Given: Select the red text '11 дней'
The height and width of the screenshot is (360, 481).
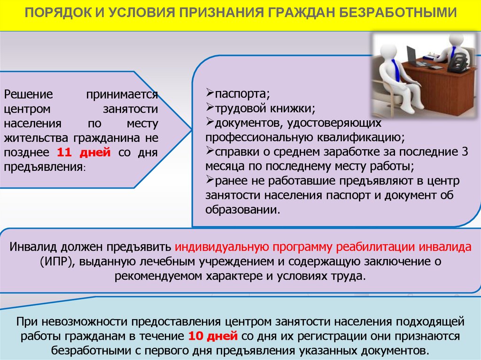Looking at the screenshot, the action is point(84,153).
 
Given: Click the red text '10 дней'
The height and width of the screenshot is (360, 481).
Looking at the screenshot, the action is point(213,336).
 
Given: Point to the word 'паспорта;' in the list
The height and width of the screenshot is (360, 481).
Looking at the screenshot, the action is point(242,94).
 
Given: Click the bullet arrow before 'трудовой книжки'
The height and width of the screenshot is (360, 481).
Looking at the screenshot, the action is point(210,107).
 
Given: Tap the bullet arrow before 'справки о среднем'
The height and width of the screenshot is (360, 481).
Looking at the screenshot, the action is point(210,151).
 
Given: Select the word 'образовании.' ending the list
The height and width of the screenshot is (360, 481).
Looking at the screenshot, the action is point(243,210).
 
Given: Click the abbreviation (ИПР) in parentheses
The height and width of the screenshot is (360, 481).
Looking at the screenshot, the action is point(57,261).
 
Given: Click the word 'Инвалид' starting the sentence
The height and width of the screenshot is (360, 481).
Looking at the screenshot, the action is point(33,247).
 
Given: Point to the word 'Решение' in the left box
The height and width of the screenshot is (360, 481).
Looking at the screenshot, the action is point(28,94).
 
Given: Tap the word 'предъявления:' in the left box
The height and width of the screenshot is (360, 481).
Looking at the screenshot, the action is point(45,167).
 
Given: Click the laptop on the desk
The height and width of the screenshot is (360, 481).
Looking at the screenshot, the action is point(414,57).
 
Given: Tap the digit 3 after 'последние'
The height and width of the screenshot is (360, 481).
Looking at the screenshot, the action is point(465,152).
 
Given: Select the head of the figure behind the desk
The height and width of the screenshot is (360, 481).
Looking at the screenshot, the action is point(456,40).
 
